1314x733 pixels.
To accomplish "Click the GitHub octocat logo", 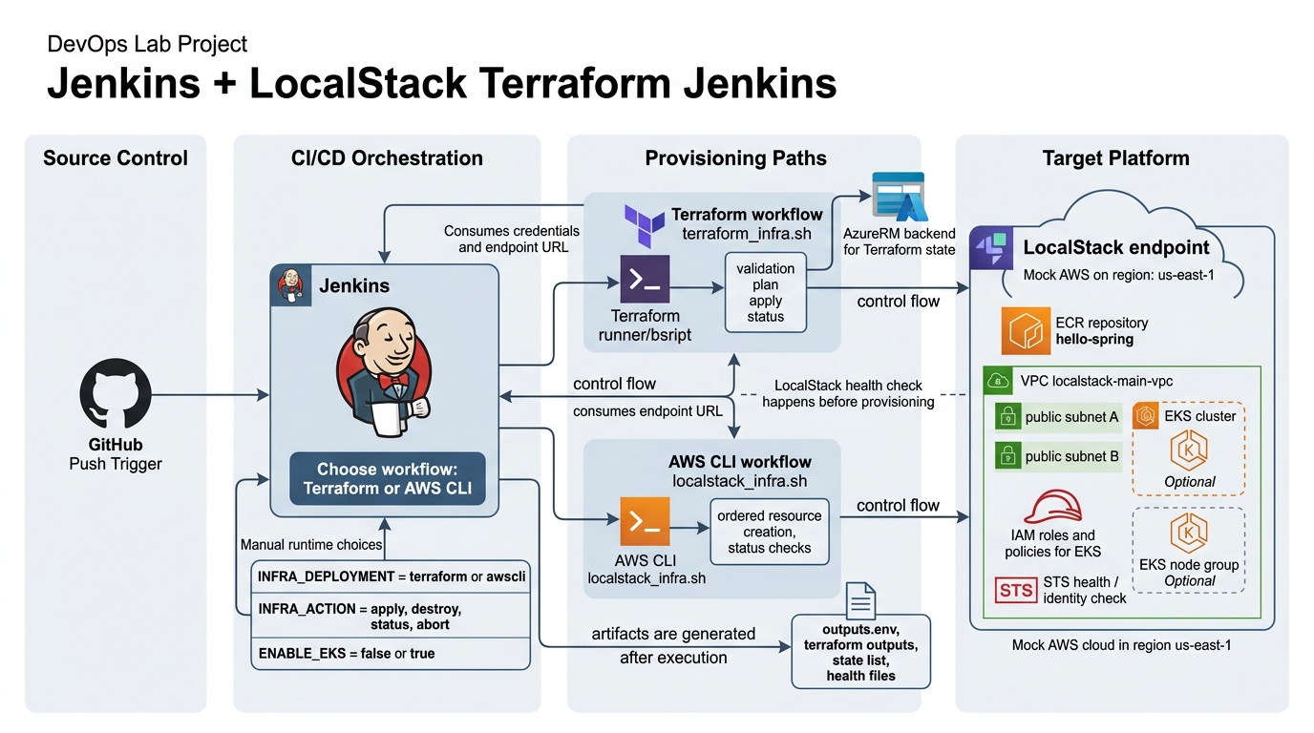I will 116,393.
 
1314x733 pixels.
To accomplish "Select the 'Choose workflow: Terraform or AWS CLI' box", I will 387,479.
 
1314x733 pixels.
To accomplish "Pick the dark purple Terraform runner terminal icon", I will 645,280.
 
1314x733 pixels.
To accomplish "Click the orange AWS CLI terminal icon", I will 645,521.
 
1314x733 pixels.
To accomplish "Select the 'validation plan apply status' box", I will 765,292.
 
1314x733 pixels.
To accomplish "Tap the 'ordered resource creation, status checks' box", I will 769,532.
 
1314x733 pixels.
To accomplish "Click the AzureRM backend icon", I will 899,199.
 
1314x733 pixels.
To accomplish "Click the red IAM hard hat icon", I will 1052,506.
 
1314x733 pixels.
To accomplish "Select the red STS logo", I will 1016,590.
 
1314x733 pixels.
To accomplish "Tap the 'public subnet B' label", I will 1071,456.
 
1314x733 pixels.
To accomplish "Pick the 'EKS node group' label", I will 1189,564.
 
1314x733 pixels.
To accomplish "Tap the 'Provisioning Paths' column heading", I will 735,158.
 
